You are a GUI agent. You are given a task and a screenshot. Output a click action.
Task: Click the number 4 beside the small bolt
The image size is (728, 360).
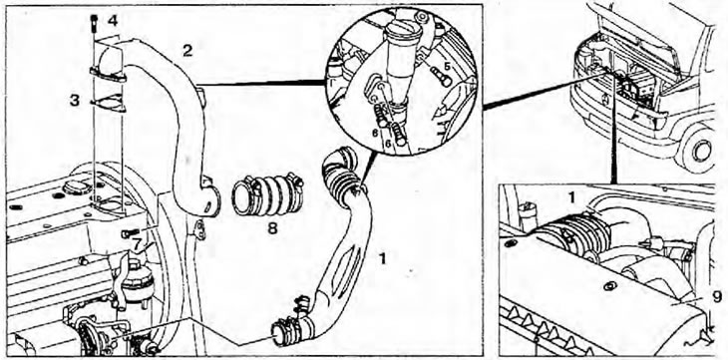(113, 20)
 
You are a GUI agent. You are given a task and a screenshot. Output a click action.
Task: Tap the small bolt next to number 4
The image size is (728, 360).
(95, 22)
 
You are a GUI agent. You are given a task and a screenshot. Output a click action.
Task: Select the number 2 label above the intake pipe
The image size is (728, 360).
(186, 50)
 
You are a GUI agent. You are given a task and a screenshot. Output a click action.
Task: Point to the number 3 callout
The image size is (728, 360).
(74, 101)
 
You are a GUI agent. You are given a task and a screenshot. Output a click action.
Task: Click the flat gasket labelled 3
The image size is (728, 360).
(108, 104)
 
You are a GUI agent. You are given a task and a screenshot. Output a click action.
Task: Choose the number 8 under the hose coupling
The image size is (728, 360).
(272, 229)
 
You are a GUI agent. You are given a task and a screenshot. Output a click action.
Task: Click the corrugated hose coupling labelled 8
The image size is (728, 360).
(267, 195)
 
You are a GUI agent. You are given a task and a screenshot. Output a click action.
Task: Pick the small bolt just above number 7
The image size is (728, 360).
(129, 233)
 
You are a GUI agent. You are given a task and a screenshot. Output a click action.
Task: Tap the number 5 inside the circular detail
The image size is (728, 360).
(446, 67)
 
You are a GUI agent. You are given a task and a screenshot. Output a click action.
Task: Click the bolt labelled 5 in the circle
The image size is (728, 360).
(441, 77)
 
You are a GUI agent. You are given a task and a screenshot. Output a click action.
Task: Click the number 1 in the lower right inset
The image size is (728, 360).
(572, 197)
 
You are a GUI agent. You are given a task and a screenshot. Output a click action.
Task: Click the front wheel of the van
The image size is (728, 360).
(699, 152)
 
